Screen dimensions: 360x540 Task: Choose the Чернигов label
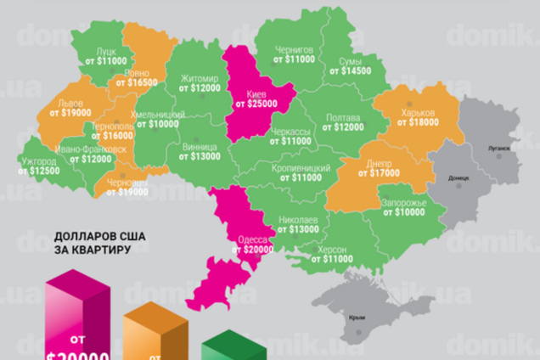coord(295,49)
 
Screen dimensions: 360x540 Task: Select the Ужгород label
coord(40,160)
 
